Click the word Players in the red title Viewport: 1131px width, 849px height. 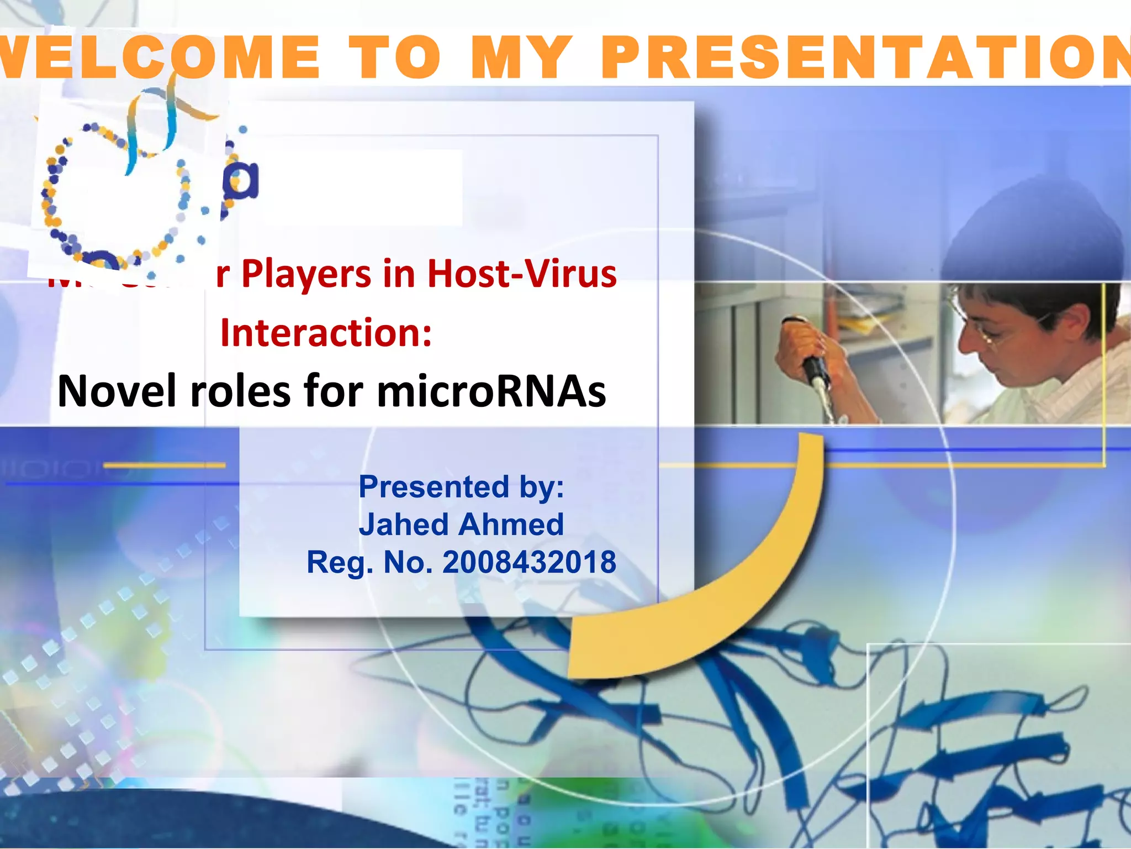coord(306,275)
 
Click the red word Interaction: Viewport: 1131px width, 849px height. coord(326,333)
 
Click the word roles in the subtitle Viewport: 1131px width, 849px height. coord(240,391)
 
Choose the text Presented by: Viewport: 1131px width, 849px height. coord(461,487)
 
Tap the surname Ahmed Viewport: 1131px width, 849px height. coord(511,525)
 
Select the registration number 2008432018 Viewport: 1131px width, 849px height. coord(529,562)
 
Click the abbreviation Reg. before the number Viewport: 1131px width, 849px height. coord(339,563)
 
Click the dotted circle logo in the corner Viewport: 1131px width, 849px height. coord(119,193)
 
